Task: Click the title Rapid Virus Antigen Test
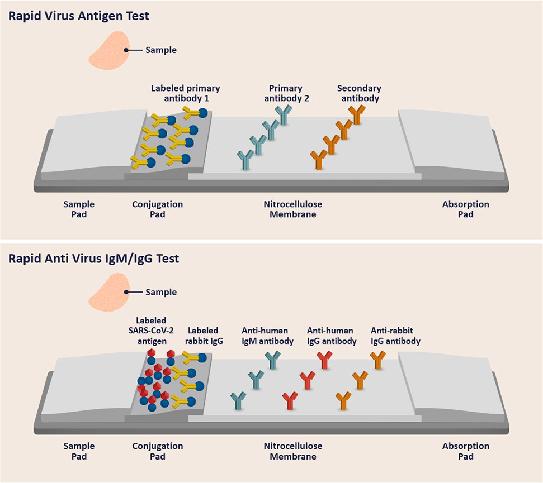tap(79, 16)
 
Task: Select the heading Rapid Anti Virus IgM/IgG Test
tap(93, 259)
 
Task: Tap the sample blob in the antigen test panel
tap(110, 51)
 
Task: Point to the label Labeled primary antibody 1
tap(185, 93)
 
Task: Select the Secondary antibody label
tap(358, 93)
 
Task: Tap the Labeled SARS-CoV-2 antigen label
tap(151, 331)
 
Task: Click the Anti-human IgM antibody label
tap(267, 336)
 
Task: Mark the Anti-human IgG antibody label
tap(332, 336)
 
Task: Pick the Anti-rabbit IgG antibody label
tap(395, 336)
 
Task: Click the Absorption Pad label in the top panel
tap(465, 209)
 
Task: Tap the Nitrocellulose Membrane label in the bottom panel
tap(293, 451)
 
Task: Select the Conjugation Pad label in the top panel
tap(157, 209)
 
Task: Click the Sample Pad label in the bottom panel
tap(79, 451)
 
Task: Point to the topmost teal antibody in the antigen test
tap(285, 114)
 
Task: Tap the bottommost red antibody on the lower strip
tap(290, 400)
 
